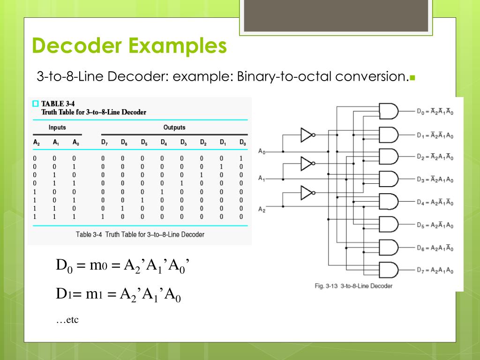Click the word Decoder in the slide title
(77, 45)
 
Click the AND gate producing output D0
(389, 111)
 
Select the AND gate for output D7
(389, 270)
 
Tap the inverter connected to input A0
(308, 135)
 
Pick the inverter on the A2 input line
(308, 193)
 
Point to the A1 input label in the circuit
(262, 178)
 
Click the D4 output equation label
(435, 202)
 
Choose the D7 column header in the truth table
(105, 142)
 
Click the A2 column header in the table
(37, 142)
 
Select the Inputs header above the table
(57, 127)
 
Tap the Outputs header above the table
(174, 127)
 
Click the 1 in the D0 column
(241, 158)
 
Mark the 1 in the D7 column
(103, 217)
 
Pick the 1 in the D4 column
(162, 192)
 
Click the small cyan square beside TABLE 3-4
(36, 104)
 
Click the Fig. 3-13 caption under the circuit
(353, 286)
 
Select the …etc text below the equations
(67, 320)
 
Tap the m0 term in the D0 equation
(98, 265)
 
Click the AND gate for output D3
(389, 179)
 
